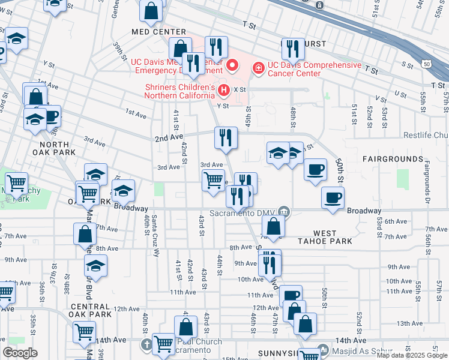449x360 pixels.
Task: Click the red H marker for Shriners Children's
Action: pyautogui.click(x=224, y=91)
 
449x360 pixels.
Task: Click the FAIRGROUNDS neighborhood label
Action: pyautogui.click(x=393, y=159)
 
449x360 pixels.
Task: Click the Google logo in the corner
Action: pyautogui.click(x=20, y=353)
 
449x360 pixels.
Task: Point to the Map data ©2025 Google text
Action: pyautogui.click(x=412, y=355)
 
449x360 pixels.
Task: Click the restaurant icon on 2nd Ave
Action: pyautogui.click(x=226, y=137)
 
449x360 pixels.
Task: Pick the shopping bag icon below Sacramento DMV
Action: pyautogui.click(x=273, y=227)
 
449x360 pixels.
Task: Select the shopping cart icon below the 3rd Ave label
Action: pyautogui.click(x=214, y=180)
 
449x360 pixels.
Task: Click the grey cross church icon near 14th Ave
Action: pyautogui.click(x=148, y=344)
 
